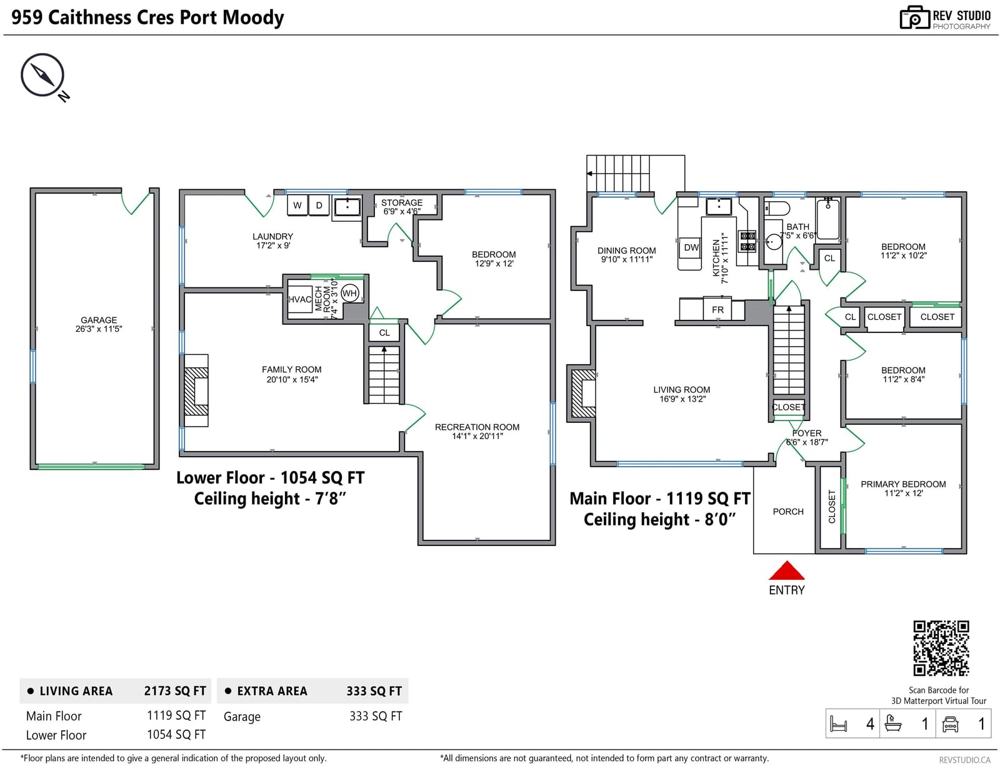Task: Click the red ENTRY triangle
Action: click(786, 571)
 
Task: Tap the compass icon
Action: click(42, 75)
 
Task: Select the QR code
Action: click(941, 648)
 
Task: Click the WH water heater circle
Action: click(349, 294)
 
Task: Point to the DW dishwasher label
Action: click(691, 247)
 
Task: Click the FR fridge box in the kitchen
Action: click(717, 309)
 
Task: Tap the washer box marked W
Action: click(297, 205)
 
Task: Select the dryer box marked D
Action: click(319, 205)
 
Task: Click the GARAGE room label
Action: click(99, 324)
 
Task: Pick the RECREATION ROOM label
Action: click(477, 432)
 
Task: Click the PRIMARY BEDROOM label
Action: click(903, 489)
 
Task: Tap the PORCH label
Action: click(788, 512)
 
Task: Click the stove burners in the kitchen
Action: click(747, 241)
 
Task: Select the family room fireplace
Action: click(196, 390)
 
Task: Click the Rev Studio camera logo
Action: click(915, 17)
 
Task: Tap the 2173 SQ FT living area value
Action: click(175, 691)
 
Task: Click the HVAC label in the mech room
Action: click(299, 299)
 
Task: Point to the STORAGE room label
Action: click(402, 207)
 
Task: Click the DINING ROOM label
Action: click(627, 255)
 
